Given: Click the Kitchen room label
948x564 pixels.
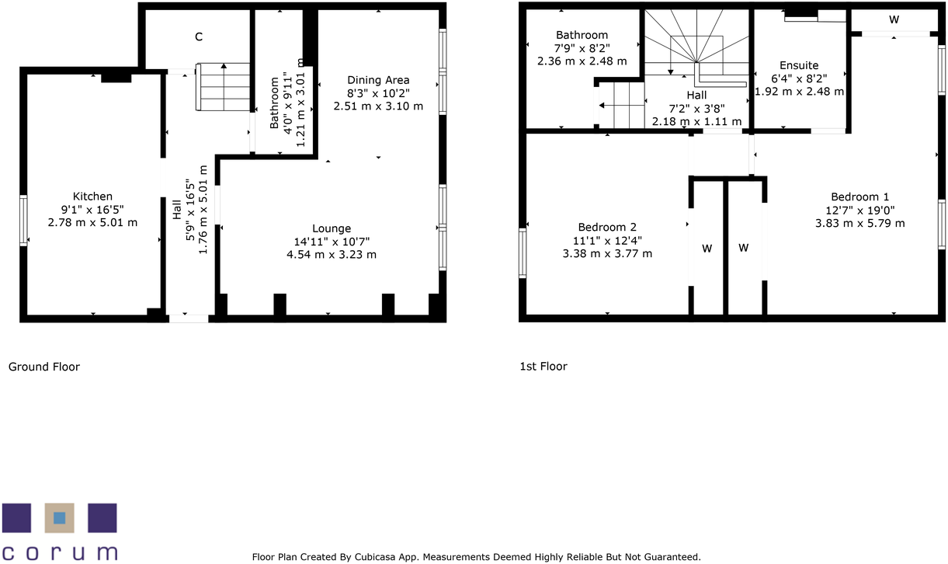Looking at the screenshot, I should [92, 197].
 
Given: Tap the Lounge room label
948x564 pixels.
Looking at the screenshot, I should [332, 228].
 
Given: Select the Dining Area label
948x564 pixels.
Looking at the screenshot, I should [378, 80].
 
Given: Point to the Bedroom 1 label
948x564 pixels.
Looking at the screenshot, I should [859, 197].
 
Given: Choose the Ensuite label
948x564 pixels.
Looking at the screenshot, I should [799, 65].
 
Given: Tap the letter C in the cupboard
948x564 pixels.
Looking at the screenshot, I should [199, 37].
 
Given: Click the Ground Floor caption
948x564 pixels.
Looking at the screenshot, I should [44, 367].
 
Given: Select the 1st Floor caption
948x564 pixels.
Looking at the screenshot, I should [543, 367].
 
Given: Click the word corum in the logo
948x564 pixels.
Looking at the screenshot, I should [59, 552].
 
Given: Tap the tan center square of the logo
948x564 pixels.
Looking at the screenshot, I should [59, 518].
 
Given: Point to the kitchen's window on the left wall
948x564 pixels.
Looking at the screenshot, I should [23, 219].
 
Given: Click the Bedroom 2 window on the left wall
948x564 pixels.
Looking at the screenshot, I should [523, 252].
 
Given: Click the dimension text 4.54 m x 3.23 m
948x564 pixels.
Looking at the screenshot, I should [332, 254].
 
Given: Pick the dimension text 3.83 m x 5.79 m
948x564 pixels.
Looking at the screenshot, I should [859, 223].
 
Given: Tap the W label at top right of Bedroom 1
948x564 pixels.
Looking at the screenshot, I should [894, 19].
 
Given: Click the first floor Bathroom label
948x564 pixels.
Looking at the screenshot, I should [582, 35].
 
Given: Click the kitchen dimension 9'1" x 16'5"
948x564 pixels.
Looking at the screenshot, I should [92, 209].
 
